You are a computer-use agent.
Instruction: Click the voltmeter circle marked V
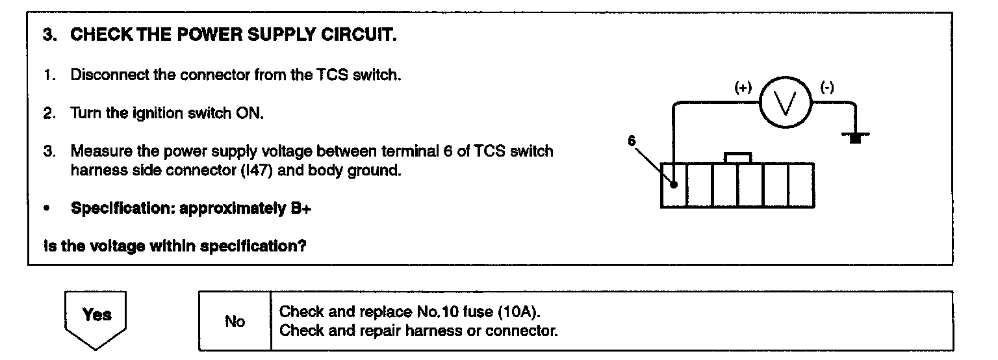pyautogui.click(x=786, y=105)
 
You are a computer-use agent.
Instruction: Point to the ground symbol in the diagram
pyautogui.click(x=856, y=137)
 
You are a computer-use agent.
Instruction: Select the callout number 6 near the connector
pyautogui.click(x=631, y=140)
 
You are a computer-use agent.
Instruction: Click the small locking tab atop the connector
pyautogui.click(x=738, y=158)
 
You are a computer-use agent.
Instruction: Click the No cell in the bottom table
pyautogui.click(x=235, y=321)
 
